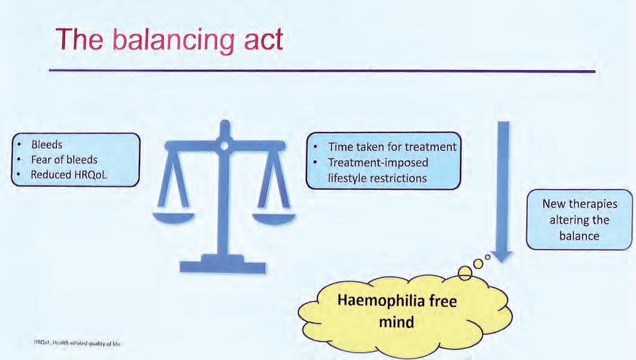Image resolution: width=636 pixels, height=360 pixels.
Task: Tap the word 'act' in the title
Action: point(259,41)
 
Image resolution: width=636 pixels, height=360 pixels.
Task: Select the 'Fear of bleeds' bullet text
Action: point(64,160)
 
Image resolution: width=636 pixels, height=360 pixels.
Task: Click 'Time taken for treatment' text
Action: point(392,147)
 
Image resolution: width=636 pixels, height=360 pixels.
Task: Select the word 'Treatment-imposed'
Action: point(378,163)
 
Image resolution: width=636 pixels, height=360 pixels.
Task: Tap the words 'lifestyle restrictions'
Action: point(376,178)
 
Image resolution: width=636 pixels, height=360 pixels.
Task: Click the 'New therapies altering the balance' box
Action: point(580,219)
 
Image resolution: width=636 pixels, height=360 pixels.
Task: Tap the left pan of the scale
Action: point(174,216)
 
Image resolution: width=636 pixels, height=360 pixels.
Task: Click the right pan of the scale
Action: point(274,216)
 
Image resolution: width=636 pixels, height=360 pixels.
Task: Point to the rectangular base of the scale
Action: point(222,266)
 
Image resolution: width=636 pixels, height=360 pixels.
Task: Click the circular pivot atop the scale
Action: point(224,145)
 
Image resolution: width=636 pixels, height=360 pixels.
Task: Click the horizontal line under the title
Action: point(322,71)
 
